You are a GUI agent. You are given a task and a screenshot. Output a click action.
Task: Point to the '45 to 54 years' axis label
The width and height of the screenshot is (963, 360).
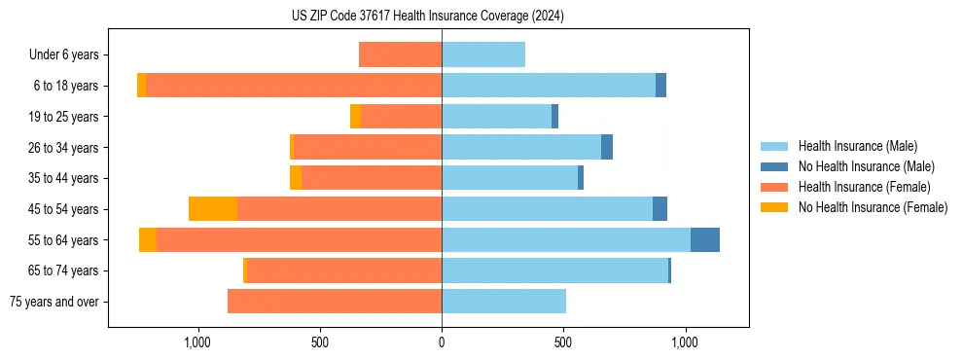61,209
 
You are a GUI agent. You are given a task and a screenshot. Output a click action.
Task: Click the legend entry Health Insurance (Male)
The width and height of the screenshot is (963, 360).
857,146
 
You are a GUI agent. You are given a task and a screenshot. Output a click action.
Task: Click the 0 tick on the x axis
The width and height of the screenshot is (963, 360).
442,342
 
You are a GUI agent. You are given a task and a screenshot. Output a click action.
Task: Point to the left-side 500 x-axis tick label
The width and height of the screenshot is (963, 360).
320,342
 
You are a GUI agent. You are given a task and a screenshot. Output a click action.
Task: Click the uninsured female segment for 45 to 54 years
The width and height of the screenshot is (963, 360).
213,209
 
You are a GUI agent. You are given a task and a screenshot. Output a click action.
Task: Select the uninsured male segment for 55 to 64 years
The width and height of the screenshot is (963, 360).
705,239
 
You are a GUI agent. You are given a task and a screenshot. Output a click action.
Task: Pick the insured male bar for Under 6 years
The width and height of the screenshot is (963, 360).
483,54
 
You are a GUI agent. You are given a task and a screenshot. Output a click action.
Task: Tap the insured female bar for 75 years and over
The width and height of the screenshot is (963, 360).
335,302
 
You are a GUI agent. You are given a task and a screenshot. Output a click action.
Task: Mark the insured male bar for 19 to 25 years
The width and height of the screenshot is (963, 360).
496,117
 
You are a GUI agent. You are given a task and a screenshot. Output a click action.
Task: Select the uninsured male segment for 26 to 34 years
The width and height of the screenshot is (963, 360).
607,147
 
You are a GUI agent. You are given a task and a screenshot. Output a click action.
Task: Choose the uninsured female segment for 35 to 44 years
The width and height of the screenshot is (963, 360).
296,178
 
